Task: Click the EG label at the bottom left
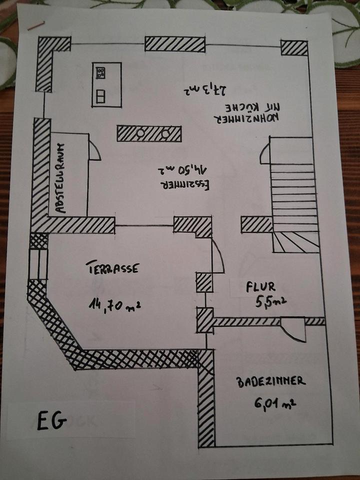coord(51,421)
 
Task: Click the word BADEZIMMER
coord(271,381)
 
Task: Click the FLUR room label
coord(260,287)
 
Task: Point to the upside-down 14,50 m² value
coord(186,169)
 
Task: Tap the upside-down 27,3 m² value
coord(206,90)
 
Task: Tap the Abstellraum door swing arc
coord(94,150)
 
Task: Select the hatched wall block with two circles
coord(149,133)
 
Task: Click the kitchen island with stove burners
coord(106,84)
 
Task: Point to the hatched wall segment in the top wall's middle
coord(175,44)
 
